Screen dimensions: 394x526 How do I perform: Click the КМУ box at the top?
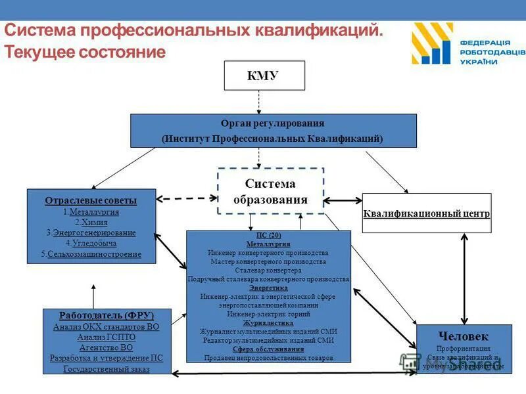coord(264,76)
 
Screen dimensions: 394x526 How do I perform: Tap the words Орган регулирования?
coord(272,123)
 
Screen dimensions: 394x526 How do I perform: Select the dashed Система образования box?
coord(270,191)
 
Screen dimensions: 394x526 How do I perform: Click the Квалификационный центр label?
coord(427,214)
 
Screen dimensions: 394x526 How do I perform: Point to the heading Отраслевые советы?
coord(91,200)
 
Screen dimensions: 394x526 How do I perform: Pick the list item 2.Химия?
coord(91,223)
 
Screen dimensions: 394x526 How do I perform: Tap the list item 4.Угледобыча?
coord(91,243)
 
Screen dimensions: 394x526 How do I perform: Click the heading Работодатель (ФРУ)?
coord(106,315)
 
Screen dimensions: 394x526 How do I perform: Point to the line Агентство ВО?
coord(106,347)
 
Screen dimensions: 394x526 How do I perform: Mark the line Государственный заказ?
coord(106,369)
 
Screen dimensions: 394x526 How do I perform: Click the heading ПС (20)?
coord(268,236)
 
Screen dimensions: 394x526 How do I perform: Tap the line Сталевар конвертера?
coord(268,270)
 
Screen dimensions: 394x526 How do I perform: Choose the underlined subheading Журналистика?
coord(268,323)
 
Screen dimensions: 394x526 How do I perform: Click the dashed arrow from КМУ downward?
coord(259,102)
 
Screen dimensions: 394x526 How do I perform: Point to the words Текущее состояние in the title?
coord(85,52)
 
